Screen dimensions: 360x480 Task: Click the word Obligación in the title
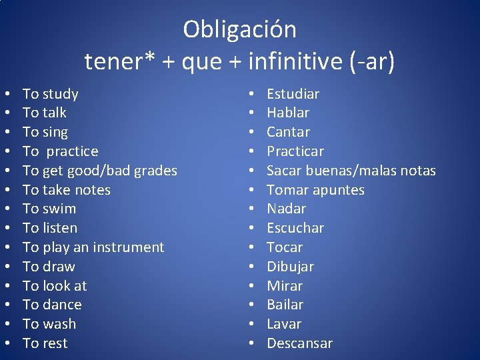pos(240,30)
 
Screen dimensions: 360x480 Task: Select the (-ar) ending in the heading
pos(372,63)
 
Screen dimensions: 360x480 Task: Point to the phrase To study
pos(51,94)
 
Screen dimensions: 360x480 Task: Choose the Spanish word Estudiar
pos(293,94)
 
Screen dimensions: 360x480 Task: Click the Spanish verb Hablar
pos(288,113)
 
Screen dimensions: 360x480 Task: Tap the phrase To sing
pos(45,132)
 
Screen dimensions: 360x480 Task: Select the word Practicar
pos(295,151)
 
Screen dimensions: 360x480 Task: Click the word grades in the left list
pos(155,171)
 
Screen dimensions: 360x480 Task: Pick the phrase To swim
pos(49,209)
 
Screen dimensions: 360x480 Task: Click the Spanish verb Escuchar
pos(295,228)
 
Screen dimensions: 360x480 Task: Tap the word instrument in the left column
pos(130,247)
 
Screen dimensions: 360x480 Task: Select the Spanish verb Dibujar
pos(290,267)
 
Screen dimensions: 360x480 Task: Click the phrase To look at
pos(55,286)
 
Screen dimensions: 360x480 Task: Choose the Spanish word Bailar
pos(285,305)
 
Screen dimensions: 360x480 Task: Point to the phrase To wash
pos(49,324)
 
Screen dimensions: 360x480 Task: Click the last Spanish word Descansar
pos(299,343)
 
